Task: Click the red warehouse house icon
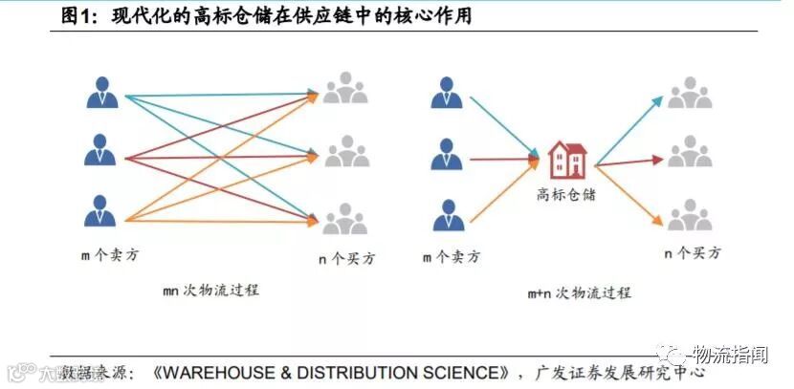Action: (566, 161)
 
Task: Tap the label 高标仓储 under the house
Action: (565, 193)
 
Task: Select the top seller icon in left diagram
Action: (101, 93)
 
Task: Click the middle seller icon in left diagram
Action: (101, 152)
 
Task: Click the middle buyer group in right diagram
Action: (689, 152)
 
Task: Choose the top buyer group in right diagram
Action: (689, 93)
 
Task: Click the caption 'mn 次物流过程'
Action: (210, 290)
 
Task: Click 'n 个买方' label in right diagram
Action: (693, 253)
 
